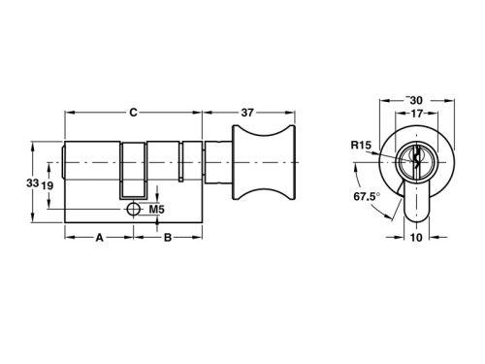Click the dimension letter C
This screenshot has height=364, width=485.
133,113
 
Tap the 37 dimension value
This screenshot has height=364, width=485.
247,113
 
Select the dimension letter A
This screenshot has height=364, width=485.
99,238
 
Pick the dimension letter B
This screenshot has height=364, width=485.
168,238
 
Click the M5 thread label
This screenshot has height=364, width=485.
157,210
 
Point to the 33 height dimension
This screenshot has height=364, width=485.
32,183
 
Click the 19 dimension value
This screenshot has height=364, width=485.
48,185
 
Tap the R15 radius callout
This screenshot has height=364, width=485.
362,146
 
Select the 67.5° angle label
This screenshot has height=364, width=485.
367,196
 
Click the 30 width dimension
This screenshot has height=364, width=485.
416,101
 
